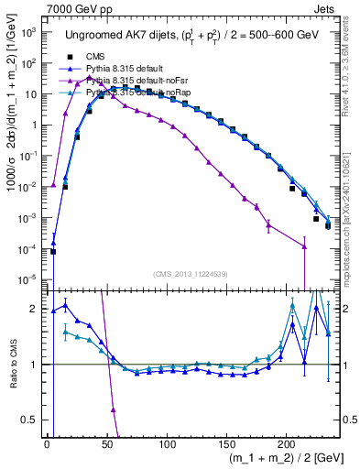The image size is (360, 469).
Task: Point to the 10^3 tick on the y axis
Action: click(27, 32)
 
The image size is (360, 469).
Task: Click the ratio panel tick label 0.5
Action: click(29, 420)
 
